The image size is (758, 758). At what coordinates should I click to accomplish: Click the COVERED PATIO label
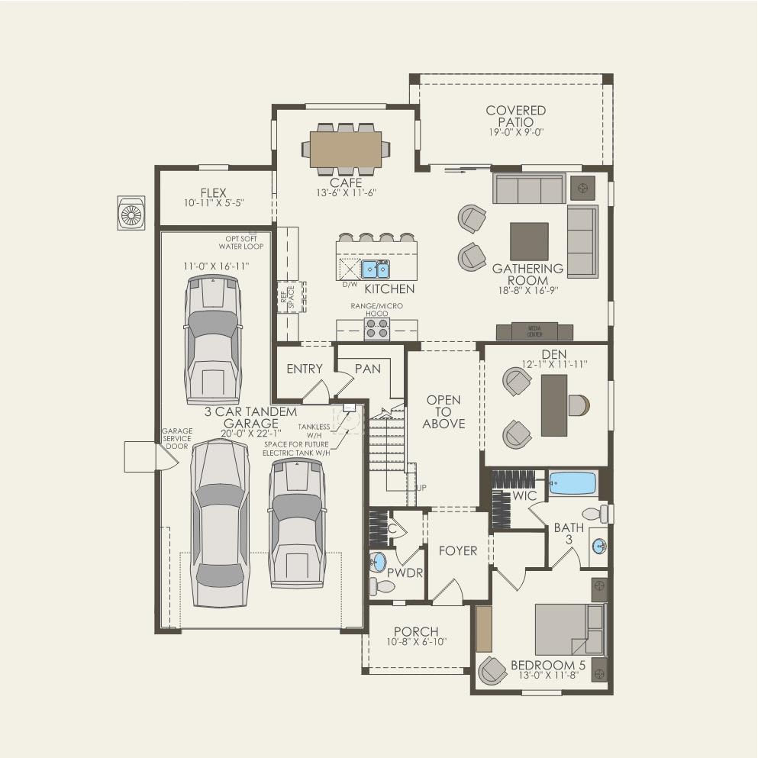tap(516, 116)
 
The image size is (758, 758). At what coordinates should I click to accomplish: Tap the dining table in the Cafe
tap(345, 149)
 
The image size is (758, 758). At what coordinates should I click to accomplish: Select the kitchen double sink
tap(375, 269)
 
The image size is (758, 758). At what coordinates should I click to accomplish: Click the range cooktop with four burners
tap(376, 328)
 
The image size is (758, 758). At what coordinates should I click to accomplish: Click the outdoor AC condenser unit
tap(131, 213)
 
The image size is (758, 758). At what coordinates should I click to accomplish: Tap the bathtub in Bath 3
tap(573, 483)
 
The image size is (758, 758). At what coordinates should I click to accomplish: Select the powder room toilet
tap(381, 586)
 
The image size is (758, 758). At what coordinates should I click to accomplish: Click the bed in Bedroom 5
tap(569, 629)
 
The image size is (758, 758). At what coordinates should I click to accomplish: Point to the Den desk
tap(555, 405)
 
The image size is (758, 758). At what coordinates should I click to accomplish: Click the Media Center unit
tap(534, 332)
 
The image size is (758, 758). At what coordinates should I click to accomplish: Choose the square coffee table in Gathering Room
tap(529, 241)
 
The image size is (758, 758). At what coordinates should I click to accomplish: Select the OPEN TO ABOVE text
tap(444, 411)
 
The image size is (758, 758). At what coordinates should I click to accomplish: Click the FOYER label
tap(458, 550)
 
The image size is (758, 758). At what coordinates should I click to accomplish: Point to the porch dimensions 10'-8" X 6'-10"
tap(416, 642)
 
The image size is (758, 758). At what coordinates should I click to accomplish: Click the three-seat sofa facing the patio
tap(528, 188)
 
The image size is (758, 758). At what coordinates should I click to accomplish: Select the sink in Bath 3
tap(600, 547)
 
